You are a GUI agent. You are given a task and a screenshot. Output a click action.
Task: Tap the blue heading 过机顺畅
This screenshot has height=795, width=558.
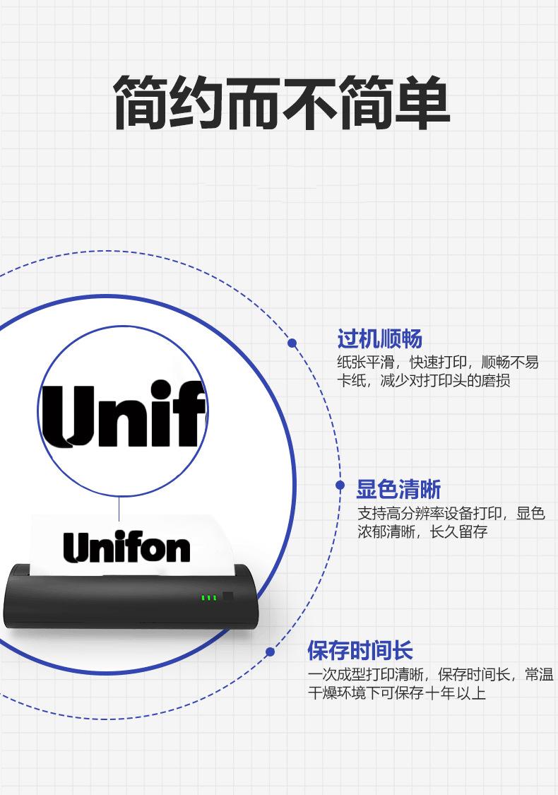[x=379, y=340]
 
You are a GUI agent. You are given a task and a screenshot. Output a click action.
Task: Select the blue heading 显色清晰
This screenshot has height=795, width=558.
[x=398, y=489]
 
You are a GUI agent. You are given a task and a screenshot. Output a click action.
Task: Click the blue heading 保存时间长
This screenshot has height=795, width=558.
[x=360, y=651]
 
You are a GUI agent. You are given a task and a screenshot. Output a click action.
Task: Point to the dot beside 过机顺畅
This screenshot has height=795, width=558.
[x=292, y=343]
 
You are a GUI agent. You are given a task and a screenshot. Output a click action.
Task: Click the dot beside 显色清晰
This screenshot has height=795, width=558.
[x=340, y=485]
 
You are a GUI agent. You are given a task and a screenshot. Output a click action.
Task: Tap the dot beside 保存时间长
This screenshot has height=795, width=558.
[x=270, y=652]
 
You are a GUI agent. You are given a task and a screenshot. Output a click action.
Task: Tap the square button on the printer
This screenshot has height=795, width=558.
[x=228, y=596]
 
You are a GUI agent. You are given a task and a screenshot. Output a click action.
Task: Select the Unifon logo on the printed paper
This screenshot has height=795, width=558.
[x=126, y=548]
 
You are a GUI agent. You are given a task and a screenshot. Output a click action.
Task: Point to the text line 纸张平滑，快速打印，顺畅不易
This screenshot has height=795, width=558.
[x=438, y=363]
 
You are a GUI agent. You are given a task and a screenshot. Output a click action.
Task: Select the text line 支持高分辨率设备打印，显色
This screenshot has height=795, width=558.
[x=451, y=513]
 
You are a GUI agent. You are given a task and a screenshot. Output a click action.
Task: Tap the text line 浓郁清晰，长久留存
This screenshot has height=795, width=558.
[x=422, y=531]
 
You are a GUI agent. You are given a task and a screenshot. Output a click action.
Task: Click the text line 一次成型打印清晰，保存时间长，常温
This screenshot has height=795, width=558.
[x=431, y=674]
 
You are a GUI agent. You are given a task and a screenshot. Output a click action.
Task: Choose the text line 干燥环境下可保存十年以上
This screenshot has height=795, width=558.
[x=396, y=693]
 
